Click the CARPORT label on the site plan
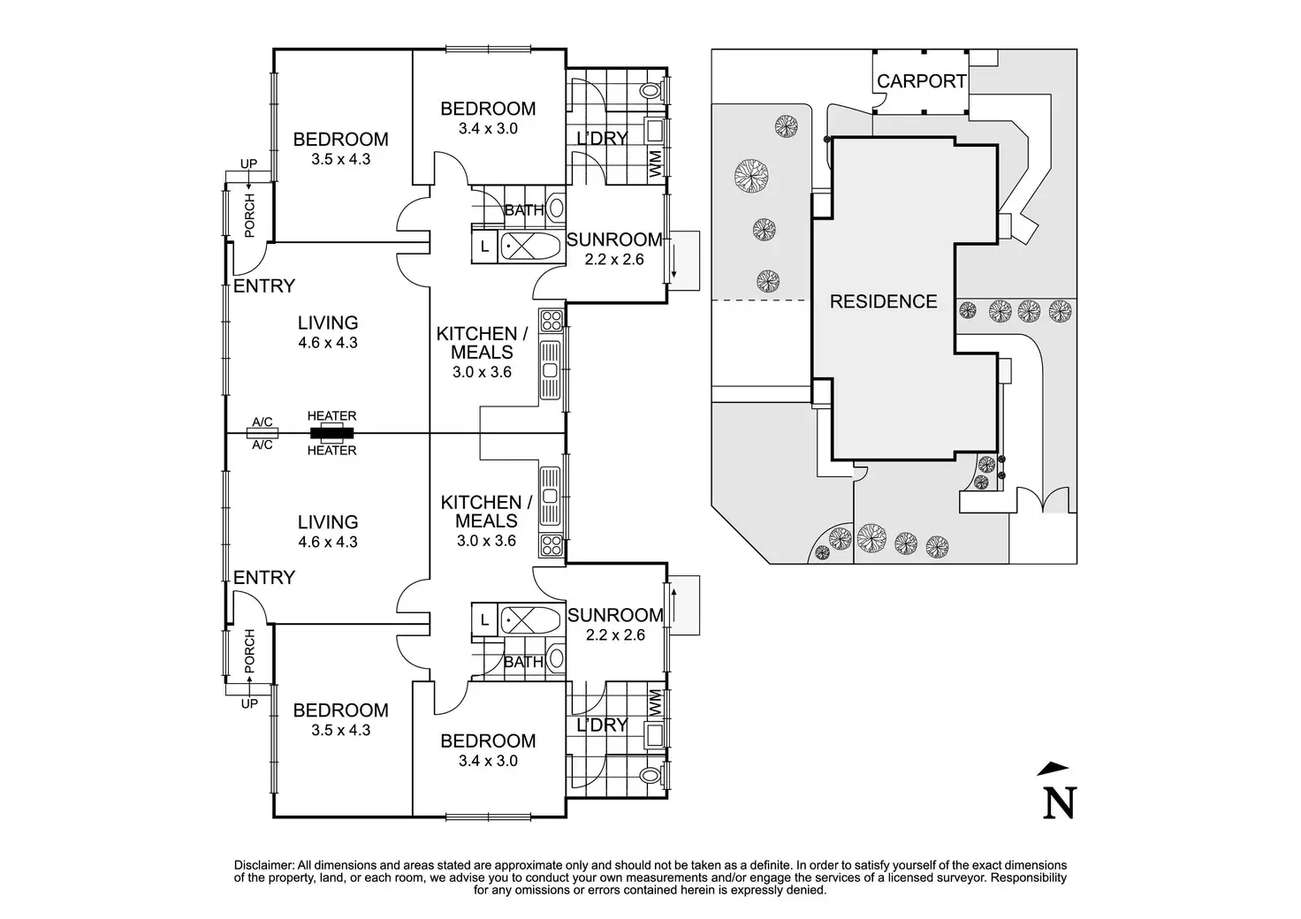tap(921, 81)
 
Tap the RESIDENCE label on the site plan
tap(884, 301)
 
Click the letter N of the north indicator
tap(1060, 803)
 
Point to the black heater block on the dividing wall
tap(331, 433)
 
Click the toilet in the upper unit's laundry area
tap(651, 90)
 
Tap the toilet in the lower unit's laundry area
tap(651, 776)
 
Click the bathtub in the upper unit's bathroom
tap(530, 247)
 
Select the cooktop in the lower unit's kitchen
tap(552, 545)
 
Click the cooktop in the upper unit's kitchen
tap(552, 321)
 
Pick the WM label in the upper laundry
tap(655, 164)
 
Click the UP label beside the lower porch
tap(249, 703)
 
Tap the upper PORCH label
tap(250, 216)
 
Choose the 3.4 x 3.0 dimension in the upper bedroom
tap(488, 128)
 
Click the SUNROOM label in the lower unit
tap(615, 615)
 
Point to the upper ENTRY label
tap(264, 285)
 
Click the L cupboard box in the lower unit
tap(484, 620)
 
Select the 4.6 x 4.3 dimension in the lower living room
tap(328, 542)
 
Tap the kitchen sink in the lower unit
tap(550, 497)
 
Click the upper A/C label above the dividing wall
tap(262, 422)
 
